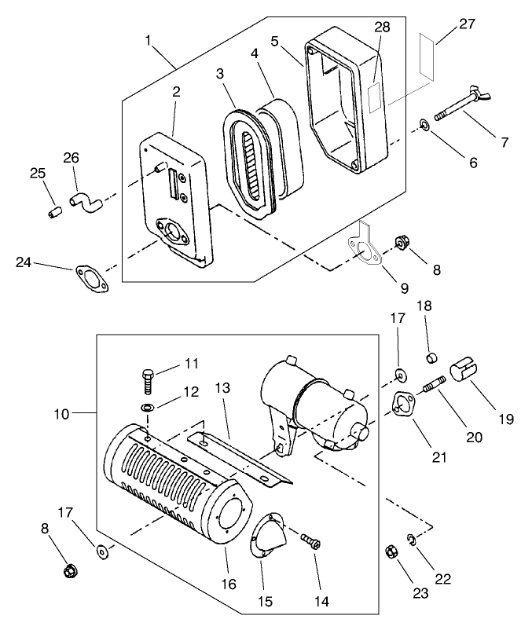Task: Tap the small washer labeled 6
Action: pyautogui.click(x=424, y=124)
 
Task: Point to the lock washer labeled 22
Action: pyautogui.click(x=412, y=539)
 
